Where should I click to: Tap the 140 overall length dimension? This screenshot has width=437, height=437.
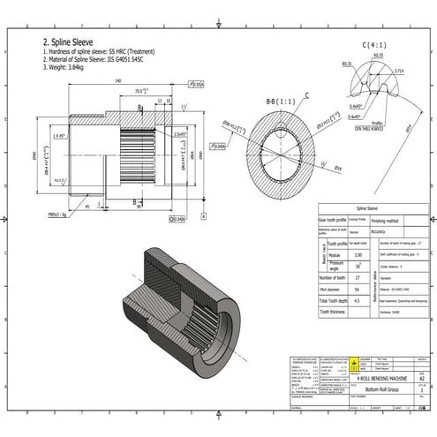pos(117,81)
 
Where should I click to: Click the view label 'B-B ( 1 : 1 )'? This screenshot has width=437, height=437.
pos(280,103)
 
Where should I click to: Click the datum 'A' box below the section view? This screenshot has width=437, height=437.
pos(180,218)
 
